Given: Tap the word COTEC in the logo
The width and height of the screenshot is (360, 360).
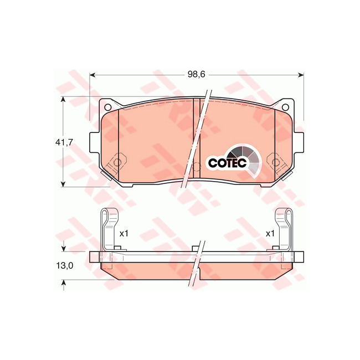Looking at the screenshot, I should click(224, 162).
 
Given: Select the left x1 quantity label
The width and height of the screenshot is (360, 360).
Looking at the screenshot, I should click(123, 234).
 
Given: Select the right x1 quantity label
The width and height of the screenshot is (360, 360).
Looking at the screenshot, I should click(270, 234).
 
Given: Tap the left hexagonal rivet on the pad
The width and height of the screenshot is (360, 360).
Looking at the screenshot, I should click(117, 162).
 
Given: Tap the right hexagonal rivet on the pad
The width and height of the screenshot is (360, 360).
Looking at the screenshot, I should click(275, 162).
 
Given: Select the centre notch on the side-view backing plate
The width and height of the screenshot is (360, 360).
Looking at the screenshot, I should click(194, 249).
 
